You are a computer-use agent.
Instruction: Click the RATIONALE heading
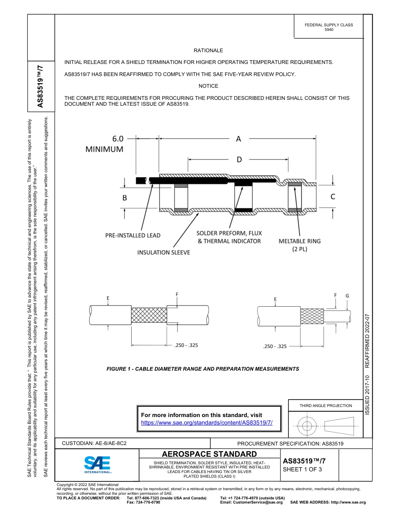click(208, 51)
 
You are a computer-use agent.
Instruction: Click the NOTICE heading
click(208, 86)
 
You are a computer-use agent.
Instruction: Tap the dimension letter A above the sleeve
click(238, 139)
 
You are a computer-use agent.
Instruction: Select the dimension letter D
click(239, 160)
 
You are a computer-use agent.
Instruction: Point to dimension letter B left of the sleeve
click(125, 198)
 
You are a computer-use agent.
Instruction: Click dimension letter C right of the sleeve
click(333, 196)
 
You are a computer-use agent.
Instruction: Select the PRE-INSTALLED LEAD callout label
click(132, 236)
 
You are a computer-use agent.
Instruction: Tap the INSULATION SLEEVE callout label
click(164, 252)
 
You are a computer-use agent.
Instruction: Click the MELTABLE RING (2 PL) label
click(300, 245)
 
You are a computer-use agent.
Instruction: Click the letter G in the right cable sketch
click(347, 295)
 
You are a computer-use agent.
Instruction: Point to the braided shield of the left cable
click(149, 315)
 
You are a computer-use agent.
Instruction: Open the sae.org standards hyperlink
click(207, 422)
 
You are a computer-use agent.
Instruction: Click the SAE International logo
click(97, 464)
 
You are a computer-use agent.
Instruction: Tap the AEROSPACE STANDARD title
click(209, 454)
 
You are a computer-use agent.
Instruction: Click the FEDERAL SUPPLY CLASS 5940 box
click(328, 27)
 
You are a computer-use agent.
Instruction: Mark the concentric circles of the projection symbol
click(307, 426)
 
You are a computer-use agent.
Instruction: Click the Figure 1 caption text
click(203, 369)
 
